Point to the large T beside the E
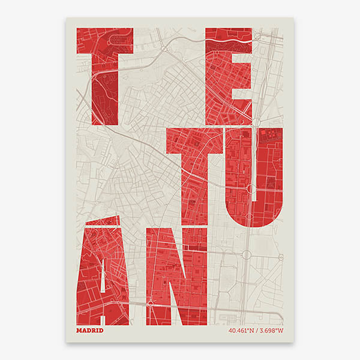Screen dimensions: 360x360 [103, 72]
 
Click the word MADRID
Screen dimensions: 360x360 [90, 330]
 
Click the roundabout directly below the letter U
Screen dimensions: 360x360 [245, 254]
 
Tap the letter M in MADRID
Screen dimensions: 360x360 [80, 330]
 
